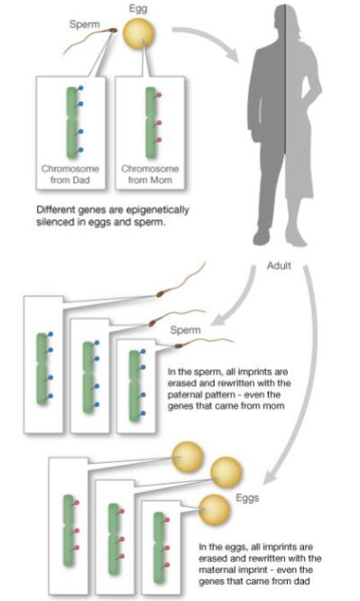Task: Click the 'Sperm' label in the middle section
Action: click(x=186, y=329)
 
